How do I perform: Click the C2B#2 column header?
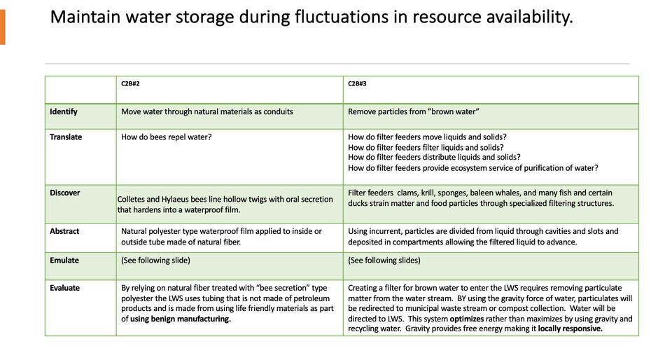tap(130, 83)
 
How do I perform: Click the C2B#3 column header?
tap(357, 83)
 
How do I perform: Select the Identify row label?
tap(64, 111)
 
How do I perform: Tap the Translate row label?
tap(66, 137)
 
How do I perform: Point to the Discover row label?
tap(65, 193)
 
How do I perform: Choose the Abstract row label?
tap(64, 230)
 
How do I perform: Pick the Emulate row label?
tap(64, 260)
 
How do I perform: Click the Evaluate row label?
tap(65, 287)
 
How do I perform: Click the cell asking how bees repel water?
tap(167, 137)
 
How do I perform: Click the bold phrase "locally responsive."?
tap(570, 328)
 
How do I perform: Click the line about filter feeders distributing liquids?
tap(434, 158)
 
